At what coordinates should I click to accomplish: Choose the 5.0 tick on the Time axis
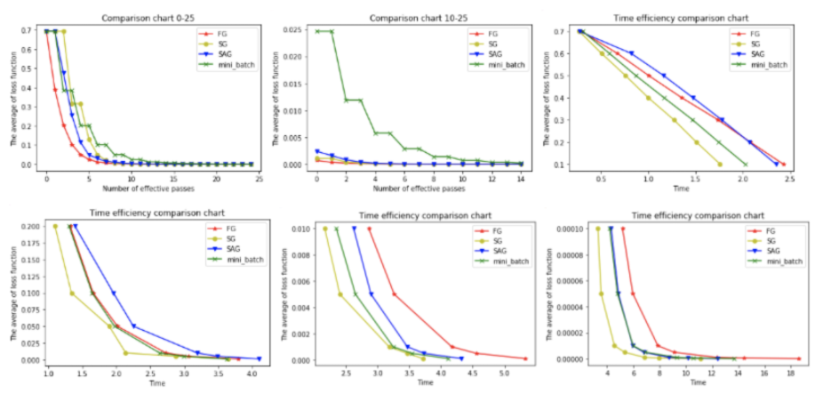(503, 373)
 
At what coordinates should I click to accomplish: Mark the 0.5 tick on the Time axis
(602, 177)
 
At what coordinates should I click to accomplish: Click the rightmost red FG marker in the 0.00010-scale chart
(799, 358)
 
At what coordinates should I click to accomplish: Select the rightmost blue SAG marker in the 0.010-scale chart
(461, 358)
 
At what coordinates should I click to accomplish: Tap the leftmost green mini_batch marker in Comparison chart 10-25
(316, 31)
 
